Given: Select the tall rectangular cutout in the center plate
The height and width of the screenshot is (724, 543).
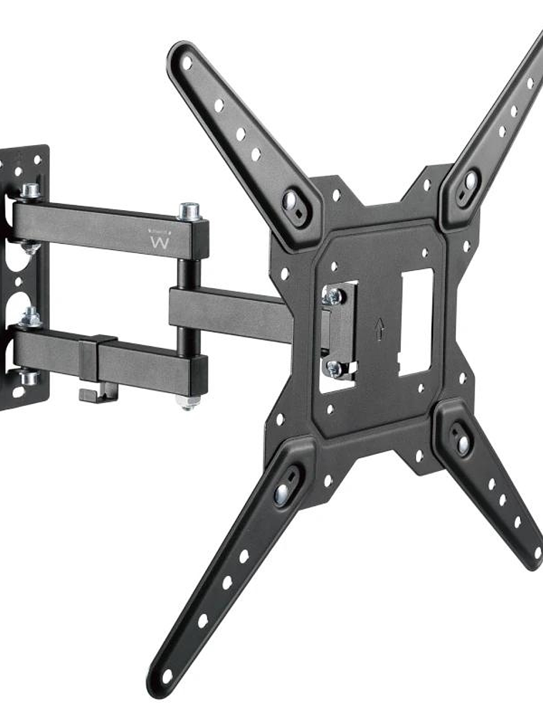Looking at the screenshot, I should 415,322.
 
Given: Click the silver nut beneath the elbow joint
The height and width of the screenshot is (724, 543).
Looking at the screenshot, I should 187,403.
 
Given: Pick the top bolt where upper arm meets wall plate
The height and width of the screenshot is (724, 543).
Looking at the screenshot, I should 30,191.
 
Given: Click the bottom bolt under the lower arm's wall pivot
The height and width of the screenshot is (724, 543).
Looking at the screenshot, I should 29,377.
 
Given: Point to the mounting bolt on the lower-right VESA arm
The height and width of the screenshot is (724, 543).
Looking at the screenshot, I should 463,443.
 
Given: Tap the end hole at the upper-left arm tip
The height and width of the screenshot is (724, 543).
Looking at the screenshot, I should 187,62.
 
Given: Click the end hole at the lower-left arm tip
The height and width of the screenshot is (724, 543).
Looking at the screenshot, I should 166,675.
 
